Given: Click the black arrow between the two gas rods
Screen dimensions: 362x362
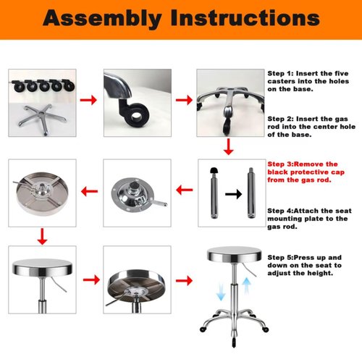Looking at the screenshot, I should [232, 194].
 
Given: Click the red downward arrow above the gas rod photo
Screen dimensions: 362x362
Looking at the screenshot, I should [229, 146].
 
